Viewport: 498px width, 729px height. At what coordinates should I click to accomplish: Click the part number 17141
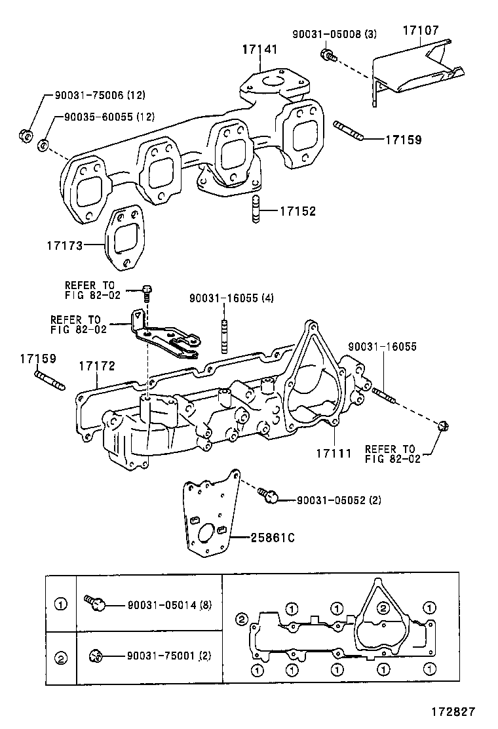click(259, 49)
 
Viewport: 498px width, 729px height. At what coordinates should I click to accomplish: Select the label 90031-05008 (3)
click(335, 34)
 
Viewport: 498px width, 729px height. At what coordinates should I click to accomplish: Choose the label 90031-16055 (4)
click(231, 298)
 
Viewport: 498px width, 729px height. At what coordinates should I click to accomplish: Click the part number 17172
click(97, 364)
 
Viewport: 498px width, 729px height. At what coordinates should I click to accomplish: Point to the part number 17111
click(334, 453)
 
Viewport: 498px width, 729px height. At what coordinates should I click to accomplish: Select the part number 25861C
click(272, 538)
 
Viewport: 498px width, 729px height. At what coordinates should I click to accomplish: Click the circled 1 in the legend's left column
click(61, 604)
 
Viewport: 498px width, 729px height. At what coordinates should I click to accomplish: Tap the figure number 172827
click(452, 711)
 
